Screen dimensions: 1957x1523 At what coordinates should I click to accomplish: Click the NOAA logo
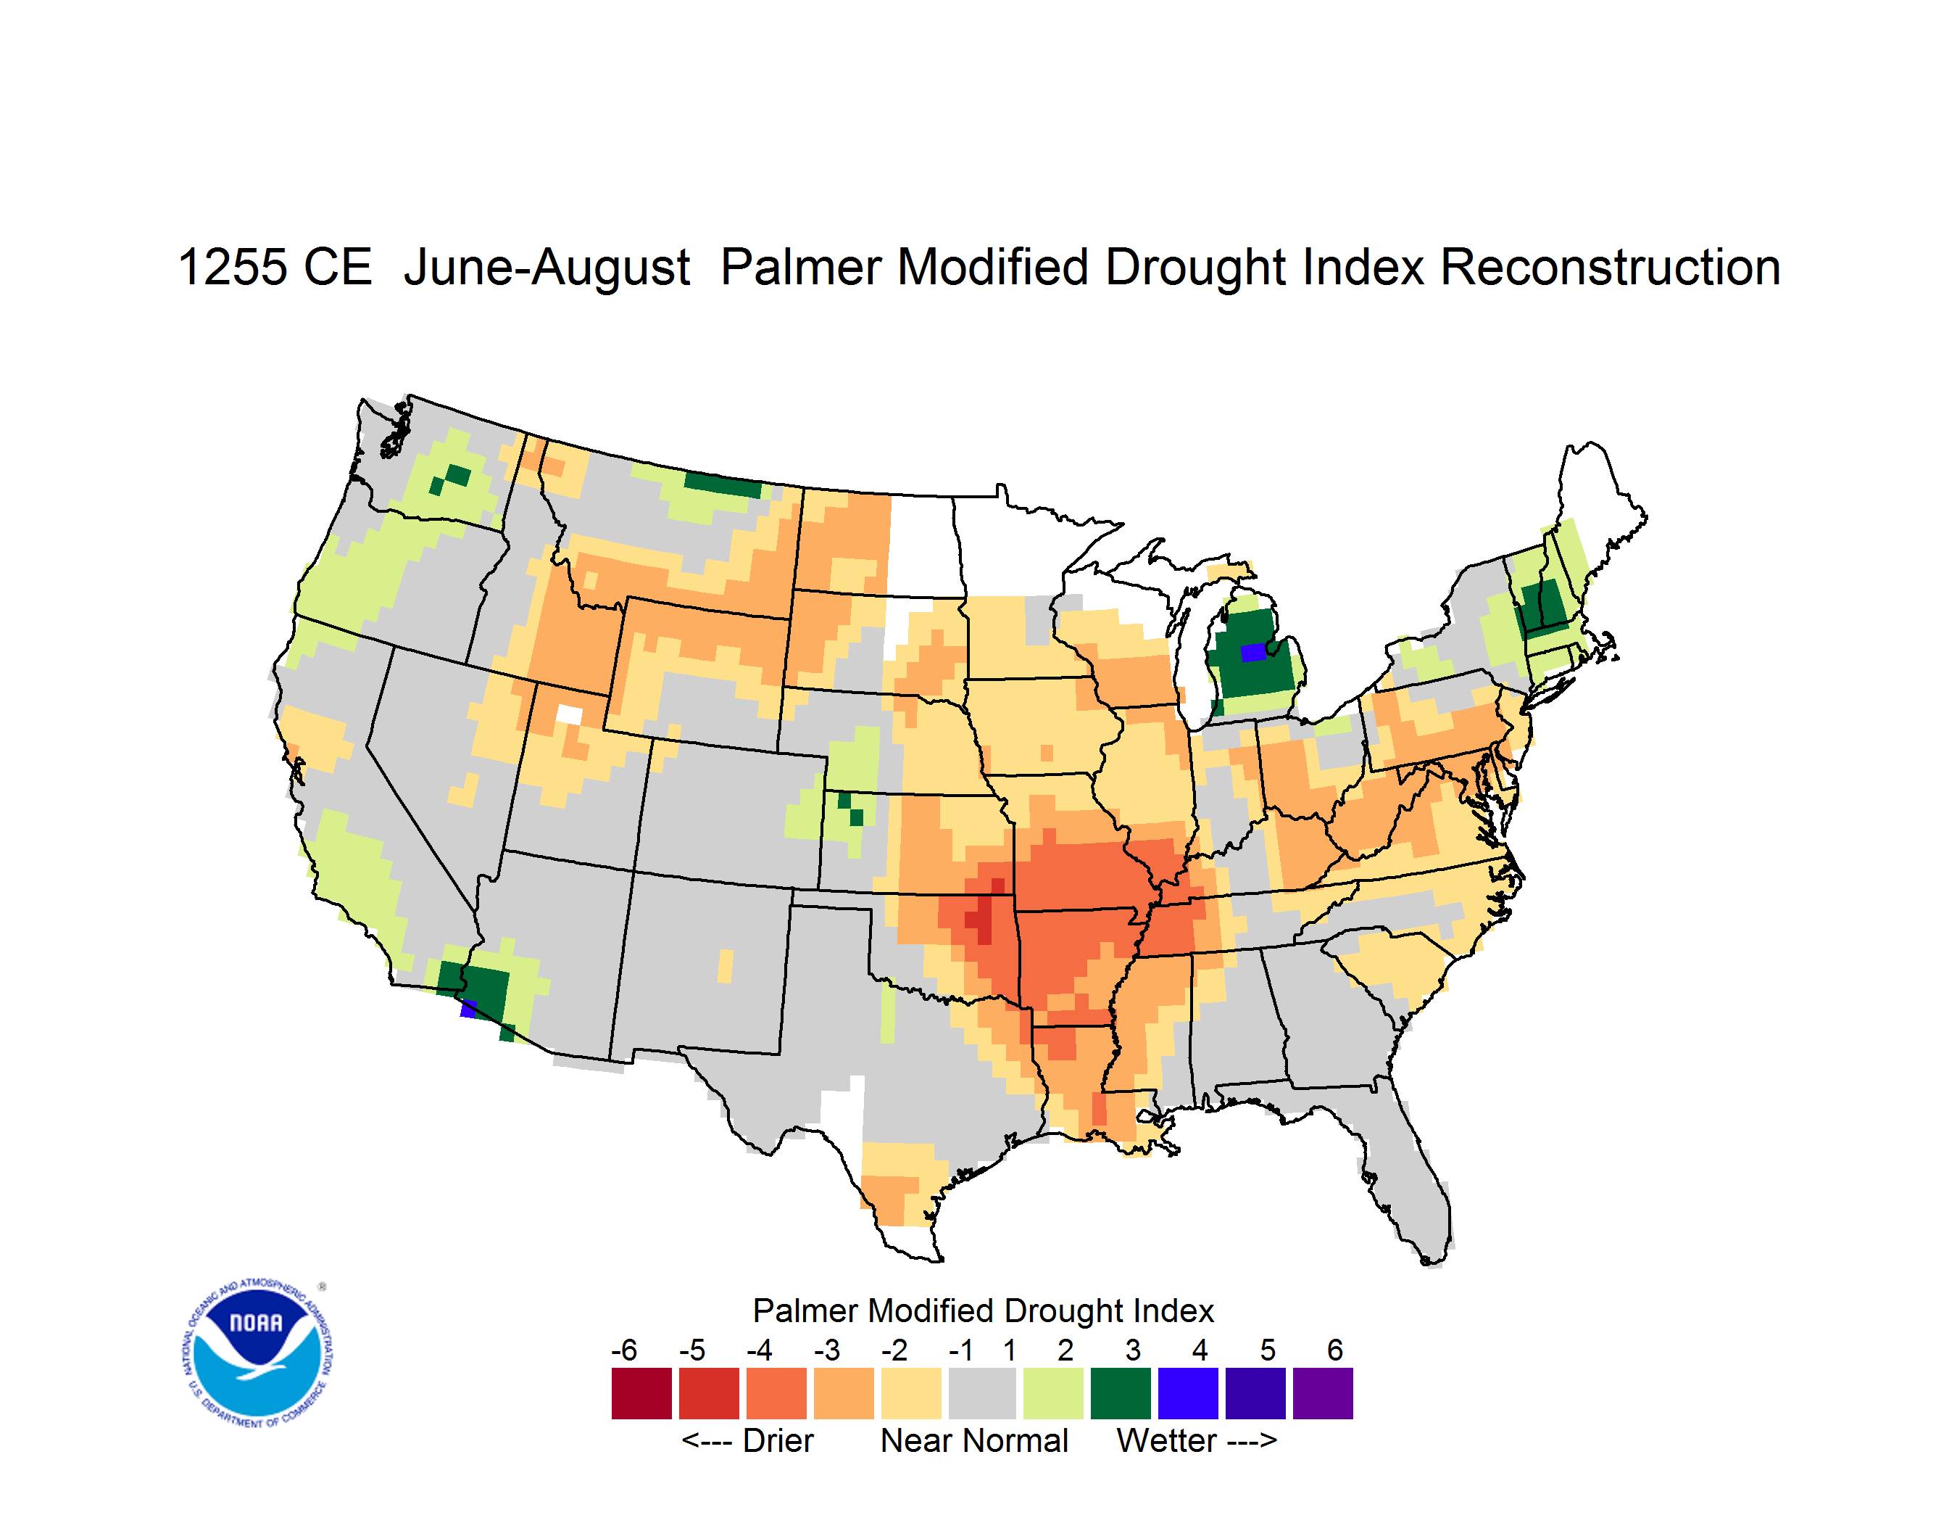257,1353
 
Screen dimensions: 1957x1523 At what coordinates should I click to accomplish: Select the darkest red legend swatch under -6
641,1393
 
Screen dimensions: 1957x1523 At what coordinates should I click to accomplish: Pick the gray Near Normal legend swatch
982,1393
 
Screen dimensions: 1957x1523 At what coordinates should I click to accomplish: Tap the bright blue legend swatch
1188,1393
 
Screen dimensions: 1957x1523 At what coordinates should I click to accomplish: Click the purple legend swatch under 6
1323,1393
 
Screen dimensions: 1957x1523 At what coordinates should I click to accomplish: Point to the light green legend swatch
1053,1393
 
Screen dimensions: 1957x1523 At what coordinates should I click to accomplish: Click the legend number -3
827,1350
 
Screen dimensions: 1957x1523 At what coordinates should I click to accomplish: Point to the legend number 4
1200,1350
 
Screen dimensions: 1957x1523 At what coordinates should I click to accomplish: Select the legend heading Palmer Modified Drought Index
983,1311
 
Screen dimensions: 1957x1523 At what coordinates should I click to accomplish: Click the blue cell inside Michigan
1252,652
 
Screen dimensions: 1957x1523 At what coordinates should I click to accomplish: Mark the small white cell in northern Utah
569,714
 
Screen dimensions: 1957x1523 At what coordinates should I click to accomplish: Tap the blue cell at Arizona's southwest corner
468,1009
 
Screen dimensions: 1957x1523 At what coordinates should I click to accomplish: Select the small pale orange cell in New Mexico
725,966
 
